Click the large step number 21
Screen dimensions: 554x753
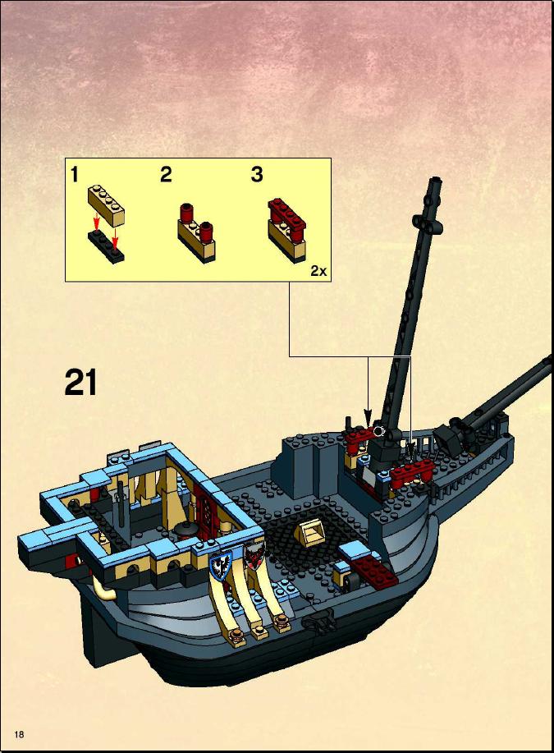[80, 383]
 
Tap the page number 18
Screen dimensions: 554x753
[19, 734]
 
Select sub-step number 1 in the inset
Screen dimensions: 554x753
[75, 174]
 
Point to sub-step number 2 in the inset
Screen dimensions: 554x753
[166, 174]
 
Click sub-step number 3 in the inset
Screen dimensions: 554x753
[257, 174]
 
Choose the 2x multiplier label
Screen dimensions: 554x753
[318, 271]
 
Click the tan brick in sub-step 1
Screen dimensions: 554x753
[106, 205]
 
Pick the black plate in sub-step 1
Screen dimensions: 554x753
[106, 246]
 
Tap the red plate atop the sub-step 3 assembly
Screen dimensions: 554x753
[287, 214]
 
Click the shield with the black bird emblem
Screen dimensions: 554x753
[221, 565]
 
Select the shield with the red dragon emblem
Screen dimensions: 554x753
[253, 554]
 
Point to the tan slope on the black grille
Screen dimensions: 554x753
[310, 530]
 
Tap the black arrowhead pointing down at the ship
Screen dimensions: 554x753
[368, 416]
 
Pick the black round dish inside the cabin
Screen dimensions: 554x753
[185, 530]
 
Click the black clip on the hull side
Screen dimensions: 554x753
[318, 622]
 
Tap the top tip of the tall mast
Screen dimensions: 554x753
[436, 180]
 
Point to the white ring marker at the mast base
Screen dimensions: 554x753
[380, 431]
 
